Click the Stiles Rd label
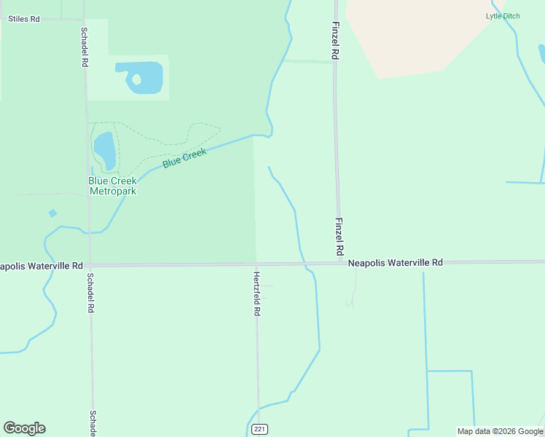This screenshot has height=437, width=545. (x=23, y=19)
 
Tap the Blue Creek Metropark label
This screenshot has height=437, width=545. (x=113, y=186)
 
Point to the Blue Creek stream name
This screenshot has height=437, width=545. (x=184, y=158)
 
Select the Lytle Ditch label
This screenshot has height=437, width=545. (x=503, y=16)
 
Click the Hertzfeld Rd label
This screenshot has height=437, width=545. (x=256, y=294)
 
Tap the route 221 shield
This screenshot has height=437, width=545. (x=260, y=430)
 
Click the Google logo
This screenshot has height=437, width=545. (x=24, y=428)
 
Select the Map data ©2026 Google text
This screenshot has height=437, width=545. (x=500, y=431)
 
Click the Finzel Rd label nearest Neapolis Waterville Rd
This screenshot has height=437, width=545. (x=339, y=235)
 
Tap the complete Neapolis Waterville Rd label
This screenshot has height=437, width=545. (x=395, y=262)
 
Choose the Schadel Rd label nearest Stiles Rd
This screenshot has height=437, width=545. (x=85, y=47)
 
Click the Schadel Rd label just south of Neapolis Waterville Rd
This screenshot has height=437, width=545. (x=91, y=293)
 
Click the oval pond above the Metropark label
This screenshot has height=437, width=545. (x=104, y=149)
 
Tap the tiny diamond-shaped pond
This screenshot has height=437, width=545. (x=52, y=213)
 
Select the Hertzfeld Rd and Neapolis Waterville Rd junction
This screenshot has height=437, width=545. (x=256, y=264)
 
